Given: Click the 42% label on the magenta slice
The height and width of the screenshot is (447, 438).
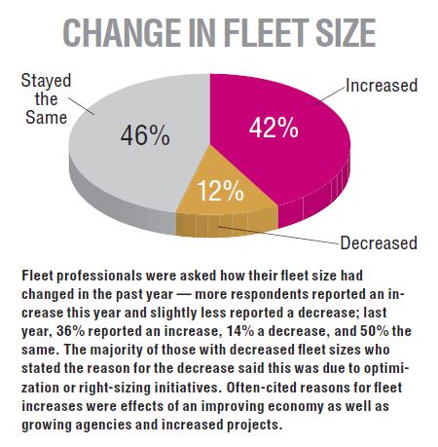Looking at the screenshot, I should coord(274,129).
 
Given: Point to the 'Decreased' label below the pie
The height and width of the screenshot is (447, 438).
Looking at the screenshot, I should coord(378,242).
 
